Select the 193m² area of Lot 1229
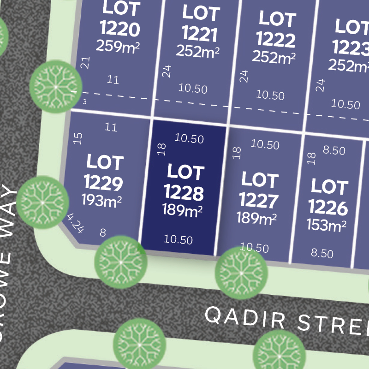click(101, 201)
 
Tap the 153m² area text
click(327, 226)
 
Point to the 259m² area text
click(118, 46)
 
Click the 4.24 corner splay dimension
click(75, 223)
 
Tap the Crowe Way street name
click(10, 263)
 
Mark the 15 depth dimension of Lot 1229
click(78, 138)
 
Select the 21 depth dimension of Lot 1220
click(85, 62)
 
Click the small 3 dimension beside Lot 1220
click(84, 101)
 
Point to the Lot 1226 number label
click(328, 197)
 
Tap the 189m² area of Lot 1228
click(183, 210)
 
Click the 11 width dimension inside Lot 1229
click(111, 127)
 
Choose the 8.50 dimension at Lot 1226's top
click(334, 150)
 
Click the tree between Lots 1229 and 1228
click(120, 262)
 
